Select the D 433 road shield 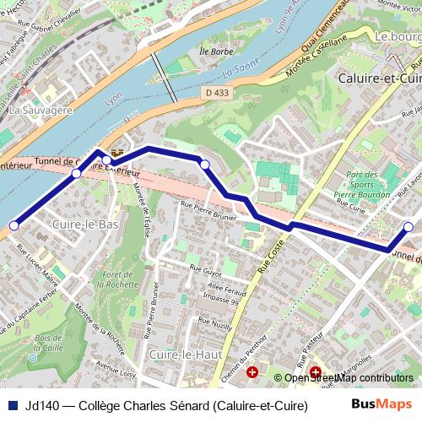tap(216, 92)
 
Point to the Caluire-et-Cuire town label tap(378, 77)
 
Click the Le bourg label tap(398, 37)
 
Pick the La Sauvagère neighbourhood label tap(40, 109)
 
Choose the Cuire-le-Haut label tap(185, 354)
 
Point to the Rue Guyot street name tap(205, 273)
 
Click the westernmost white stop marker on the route tap(14, 225)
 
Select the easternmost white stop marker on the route tap(408, 227)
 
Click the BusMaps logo tap(381, 404)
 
